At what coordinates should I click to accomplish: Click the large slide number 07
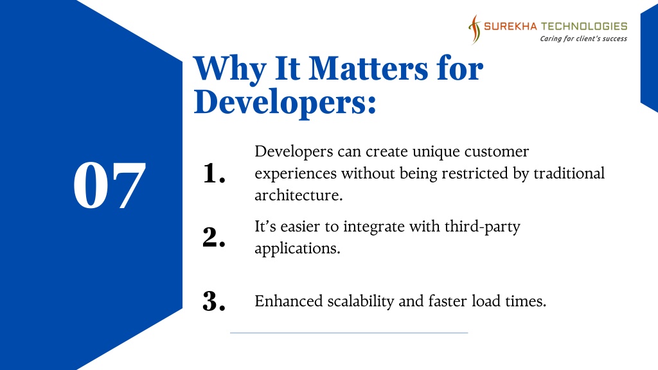109,185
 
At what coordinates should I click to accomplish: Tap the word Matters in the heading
368,68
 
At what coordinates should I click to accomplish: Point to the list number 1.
213,173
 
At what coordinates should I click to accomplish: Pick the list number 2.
213,237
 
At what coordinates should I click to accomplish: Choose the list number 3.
213,301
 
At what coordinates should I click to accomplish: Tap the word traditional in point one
569,173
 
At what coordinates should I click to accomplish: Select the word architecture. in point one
299,195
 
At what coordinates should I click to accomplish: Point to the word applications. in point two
298,249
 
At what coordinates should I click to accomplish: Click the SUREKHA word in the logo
510,26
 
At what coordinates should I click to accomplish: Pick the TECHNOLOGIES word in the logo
584,26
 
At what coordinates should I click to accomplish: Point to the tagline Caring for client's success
583,39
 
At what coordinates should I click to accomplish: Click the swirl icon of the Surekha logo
475,30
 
